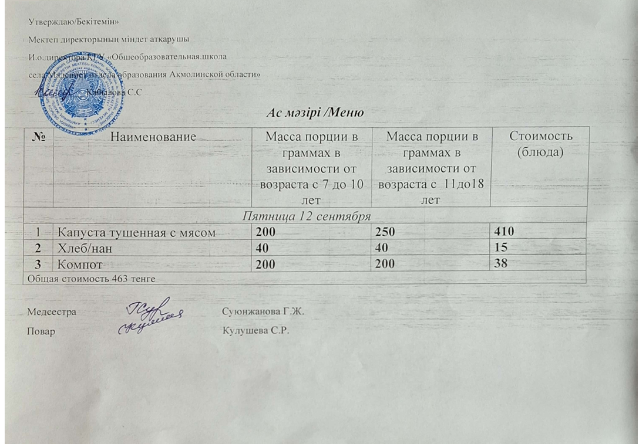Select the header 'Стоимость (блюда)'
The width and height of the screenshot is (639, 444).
coord(540,143)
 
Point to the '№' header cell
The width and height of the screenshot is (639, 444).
coord(38,137)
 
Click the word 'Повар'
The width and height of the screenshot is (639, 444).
coord(41,331)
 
